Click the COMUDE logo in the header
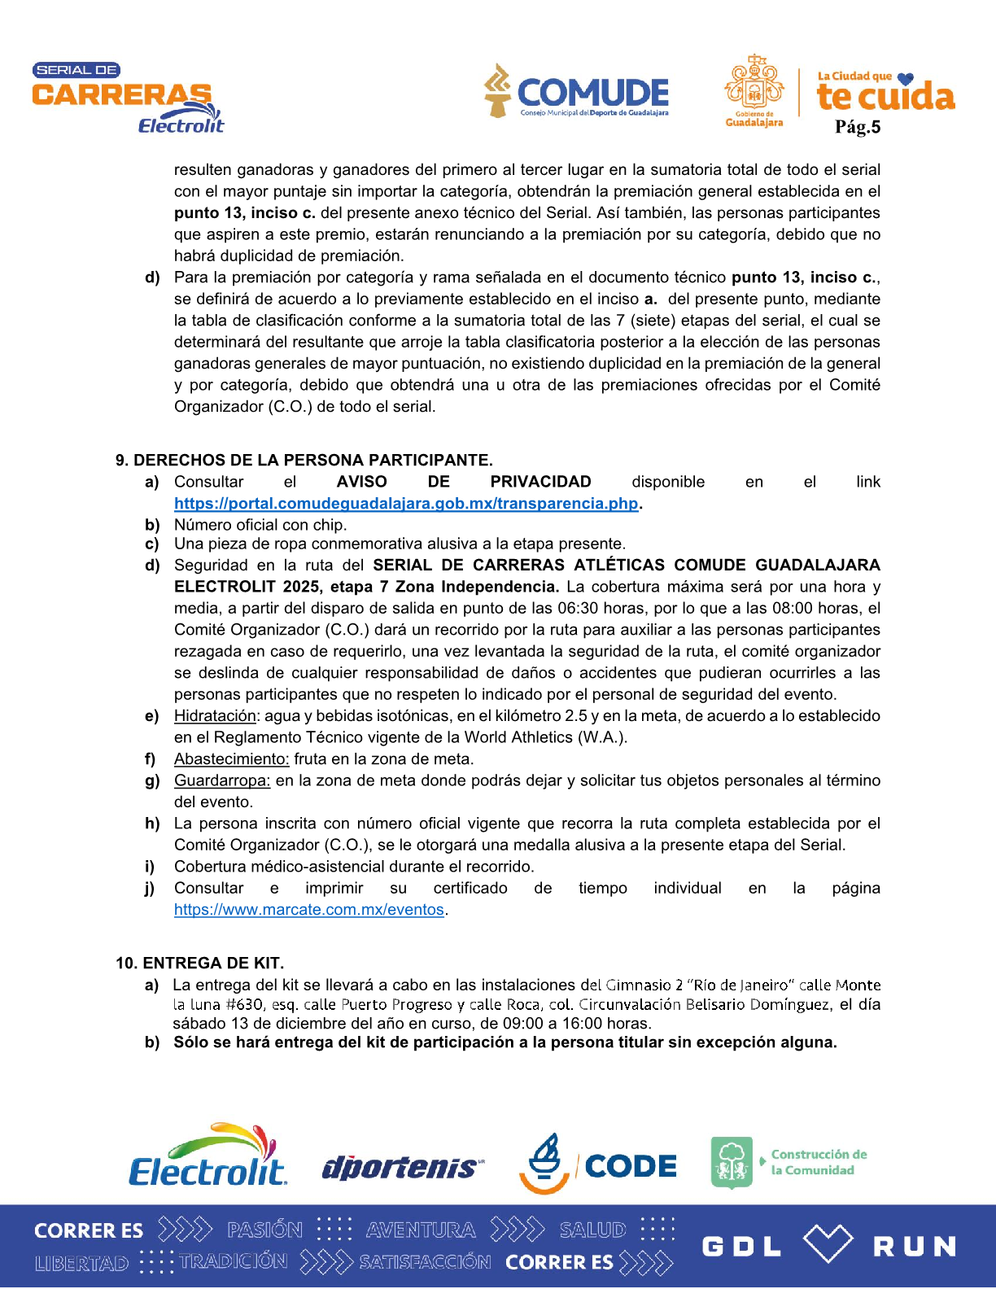[578, 91]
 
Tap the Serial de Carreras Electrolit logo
[127, 98]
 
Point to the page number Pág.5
[858, 127]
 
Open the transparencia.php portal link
[406, 503]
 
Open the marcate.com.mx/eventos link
[309, 909]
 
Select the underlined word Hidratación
[215, 715]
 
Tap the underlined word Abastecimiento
[231, 758]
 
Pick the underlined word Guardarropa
[222, 780]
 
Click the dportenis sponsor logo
[401, 1168]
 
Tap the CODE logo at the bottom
[599, 1164]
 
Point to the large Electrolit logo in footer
[207, 1156]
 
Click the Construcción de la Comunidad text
[819, 1162]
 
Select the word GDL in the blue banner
[741, 1247]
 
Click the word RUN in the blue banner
[914, 1247]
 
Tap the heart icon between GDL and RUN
[828, 1243]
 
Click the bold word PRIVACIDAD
[540, 482]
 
